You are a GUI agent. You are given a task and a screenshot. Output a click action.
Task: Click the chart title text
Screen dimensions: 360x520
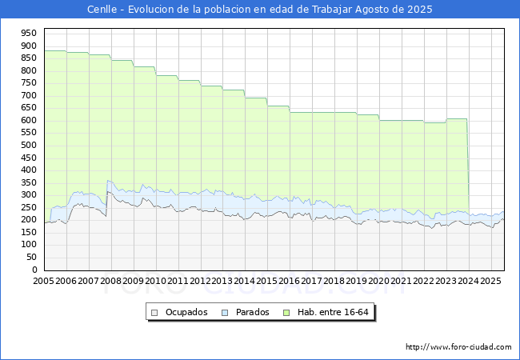260,10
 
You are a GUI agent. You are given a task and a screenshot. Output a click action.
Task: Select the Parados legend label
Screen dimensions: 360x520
253,312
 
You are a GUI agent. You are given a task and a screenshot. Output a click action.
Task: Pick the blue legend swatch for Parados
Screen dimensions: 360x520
226,312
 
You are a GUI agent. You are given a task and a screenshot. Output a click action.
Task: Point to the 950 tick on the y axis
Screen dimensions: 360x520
30,34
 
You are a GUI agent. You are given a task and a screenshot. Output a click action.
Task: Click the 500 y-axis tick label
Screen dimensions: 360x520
30,146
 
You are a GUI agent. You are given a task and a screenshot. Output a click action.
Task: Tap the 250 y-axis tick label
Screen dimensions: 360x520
30,208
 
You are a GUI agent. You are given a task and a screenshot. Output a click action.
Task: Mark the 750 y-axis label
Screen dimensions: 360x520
30,83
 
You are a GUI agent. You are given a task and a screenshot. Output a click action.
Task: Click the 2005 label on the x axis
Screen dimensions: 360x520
44,282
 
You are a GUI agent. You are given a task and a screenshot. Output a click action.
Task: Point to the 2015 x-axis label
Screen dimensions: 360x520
267,282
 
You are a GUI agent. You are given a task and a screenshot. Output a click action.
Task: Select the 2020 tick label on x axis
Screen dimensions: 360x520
378,282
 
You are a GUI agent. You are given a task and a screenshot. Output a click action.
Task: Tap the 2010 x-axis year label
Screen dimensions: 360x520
155,282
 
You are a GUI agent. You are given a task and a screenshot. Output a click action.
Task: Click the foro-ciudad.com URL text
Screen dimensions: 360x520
458,347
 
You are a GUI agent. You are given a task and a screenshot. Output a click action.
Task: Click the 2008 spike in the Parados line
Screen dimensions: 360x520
108,181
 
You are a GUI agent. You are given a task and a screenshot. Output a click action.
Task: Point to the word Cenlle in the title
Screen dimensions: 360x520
103,10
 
